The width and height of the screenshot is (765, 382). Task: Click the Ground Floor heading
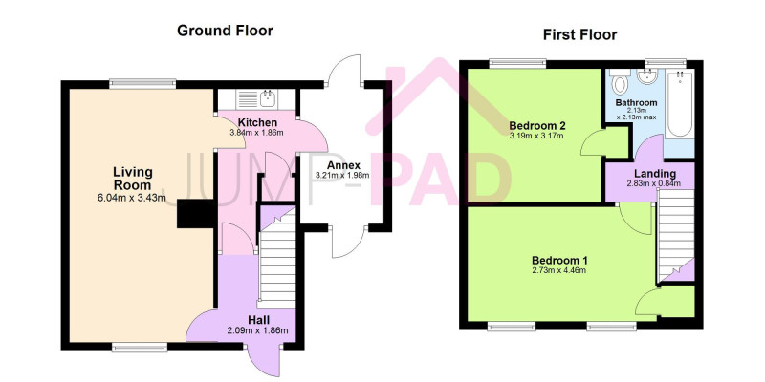point(225,31)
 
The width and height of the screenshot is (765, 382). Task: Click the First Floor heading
point(580,34)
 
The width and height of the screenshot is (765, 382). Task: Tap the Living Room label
point(133,179)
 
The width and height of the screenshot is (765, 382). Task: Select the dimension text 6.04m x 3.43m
point(132,198)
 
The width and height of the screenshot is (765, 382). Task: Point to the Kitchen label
point(257,123)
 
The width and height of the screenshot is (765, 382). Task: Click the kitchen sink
point(256,99)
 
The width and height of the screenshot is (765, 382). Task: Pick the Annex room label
point(343,164)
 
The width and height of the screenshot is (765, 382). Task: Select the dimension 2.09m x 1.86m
point(257,330)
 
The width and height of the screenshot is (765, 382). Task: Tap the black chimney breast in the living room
point(196,213)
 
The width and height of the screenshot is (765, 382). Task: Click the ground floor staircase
point(277,257)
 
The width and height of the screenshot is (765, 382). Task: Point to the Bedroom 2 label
point(535,126)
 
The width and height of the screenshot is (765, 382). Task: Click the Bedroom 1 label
point(559,260)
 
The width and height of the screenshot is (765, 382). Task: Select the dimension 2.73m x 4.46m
point(559,270)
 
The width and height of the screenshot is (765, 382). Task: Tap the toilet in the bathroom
point(620,82)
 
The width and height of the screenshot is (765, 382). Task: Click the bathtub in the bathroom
point(679,104)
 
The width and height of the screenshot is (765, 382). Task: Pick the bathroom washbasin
point(647,76)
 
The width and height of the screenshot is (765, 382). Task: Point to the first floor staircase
point(676,235)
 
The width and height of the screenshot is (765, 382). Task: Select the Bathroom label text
point(636,103)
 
